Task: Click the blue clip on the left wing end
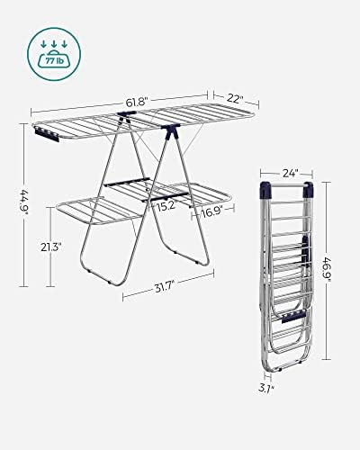click(x=42, y=133)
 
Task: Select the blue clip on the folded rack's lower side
click(x=290, y=319)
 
